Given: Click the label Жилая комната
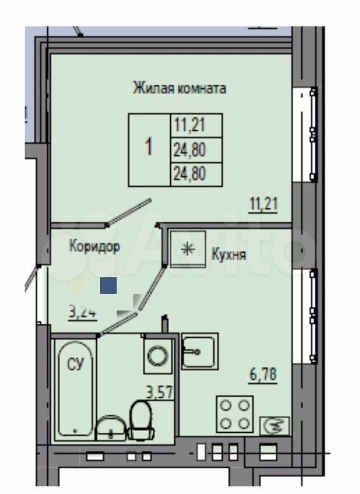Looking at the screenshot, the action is [179, 88].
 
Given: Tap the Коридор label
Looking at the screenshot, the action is [95, 246].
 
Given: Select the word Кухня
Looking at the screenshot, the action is [229, 255].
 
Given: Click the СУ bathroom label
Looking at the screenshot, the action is [76, 364].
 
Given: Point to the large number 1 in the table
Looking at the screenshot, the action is [149, 147].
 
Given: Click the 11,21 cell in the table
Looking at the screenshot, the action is [190, 125].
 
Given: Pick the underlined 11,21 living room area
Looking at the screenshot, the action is [264, 204].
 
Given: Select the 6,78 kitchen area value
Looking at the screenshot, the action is [263, 375].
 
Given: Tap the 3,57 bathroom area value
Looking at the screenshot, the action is [159, 393].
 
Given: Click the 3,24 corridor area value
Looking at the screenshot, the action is [82, 313].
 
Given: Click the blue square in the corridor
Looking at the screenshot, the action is [109, 286].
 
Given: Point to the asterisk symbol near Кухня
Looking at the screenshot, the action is [188, 249].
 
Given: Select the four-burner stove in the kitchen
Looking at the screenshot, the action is [235, 414].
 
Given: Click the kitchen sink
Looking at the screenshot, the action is [200, 351].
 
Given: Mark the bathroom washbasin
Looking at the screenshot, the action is [111, 428].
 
